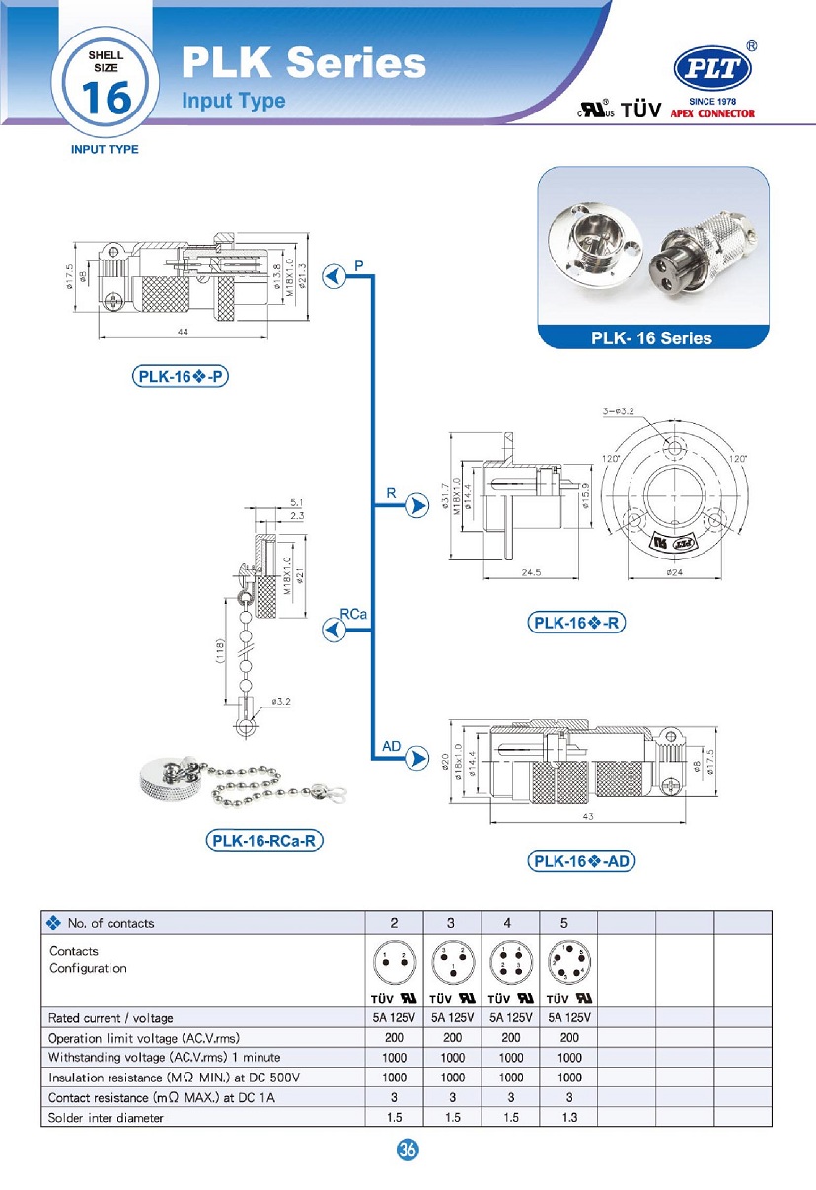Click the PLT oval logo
click(x=711, y=71)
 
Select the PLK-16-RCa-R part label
click(x=265, y=841)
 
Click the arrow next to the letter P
click(x=336, y=276)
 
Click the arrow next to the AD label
click(x=419, y=758)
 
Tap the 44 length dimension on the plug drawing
click(x=183, y=333)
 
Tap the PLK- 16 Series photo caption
click(x=651, y=338)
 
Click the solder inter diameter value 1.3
click(x=564, y=1117)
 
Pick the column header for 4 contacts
click(x=507, y=923)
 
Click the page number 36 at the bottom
click(x=408, y=1150)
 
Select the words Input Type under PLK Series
click(x=234, y=101)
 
